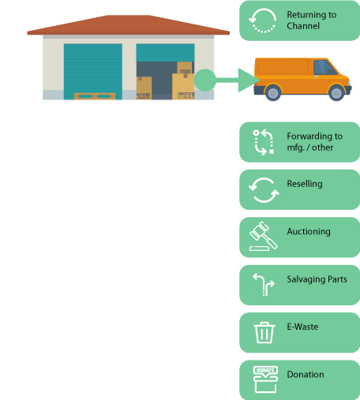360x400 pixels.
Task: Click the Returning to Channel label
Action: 312,21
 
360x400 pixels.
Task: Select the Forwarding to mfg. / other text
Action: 314,142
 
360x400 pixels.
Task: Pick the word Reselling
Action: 305,184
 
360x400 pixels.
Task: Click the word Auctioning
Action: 309,231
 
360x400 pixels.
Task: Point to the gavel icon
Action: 263,236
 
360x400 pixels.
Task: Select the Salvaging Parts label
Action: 317,279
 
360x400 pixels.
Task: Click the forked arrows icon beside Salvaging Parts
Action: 264,285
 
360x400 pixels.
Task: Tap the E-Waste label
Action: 302,327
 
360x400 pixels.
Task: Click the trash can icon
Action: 264,333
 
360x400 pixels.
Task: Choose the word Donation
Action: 306,374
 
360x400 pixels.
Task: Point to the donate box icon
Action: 265,379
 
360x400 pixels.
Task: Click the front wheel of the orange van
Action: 336,93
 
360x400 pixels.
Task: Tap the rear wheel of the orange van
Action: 273,93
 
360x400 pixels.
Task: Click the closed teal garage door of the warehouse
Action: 93,72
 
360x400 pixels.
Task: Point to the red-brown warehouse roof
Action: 129,25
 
